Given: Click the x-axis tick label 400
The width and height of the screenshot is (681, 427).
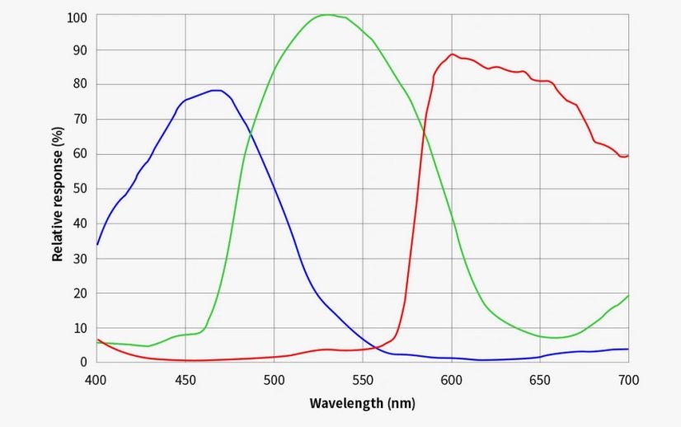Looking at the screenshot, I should [96, 379].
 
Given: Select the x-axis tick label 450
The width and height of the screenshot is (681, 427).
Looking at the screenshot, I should [186, 379].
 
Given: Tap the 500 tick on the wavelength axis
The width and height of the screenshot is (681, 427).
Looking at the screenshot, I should [274, 379].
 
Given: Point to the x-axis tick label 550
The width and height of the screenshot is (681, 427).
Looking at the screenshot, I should [363, 379].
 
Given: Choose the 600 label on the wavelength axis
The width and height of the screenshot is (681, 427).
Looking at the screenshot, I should [451, 379].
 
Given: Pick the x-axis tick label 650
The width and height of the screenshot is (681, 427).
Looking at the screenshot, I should [540, 379].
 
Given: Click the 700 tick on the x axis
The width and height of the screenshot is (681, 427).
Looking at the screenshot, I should [628, 379].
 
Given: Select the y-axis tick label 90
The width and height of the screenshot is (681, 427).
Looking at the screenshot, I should [80, 49].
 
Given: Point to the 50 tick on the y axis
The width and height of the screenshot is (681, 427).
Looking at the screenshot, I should [80, 189].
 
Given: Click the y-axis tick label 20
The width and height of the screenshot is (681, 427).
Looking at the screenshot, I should [80, 293].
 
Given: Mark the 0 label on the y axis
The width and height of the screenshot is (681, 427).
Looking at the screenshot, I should [83, 362].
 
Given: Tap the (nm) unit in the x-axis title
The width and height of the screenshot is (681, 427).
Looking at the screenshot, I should [401, 403].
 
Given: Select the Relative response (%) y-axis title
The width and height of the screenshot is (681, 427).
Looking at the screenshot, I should [57, 194].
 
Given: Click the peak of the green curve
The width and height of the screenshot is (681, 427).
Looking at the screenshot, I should [327, 15].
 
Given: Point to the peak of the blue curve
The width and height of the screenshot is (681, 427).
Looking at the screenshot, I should [217, 90].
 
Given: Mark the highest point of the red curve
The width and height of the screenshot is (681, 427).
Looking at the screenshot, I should [453, 54].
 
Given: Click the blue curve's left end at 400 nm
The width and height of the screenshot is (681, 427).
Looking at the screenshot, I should [97, 244].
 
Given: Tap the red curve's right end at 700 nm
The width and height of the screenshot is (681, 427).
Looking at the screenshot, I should [627, 155].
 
